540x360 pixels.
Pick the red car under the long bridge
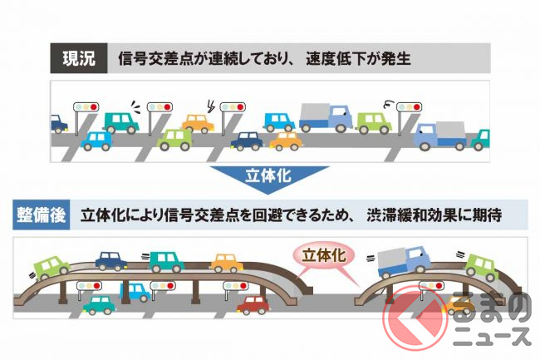coord(254,304)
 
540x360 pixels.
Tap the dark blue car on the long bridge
coord(111,261)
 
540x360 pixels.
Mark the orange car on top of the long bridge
coord(226,263)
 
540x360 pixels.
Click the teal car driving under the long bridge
coord(101,303)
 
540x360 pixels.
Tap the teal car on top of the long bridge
coord(166,260)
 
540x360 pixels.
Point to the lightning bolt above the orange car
coord(210,106)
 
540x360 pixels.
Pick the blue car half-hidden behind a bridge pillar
coord(134,291)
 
